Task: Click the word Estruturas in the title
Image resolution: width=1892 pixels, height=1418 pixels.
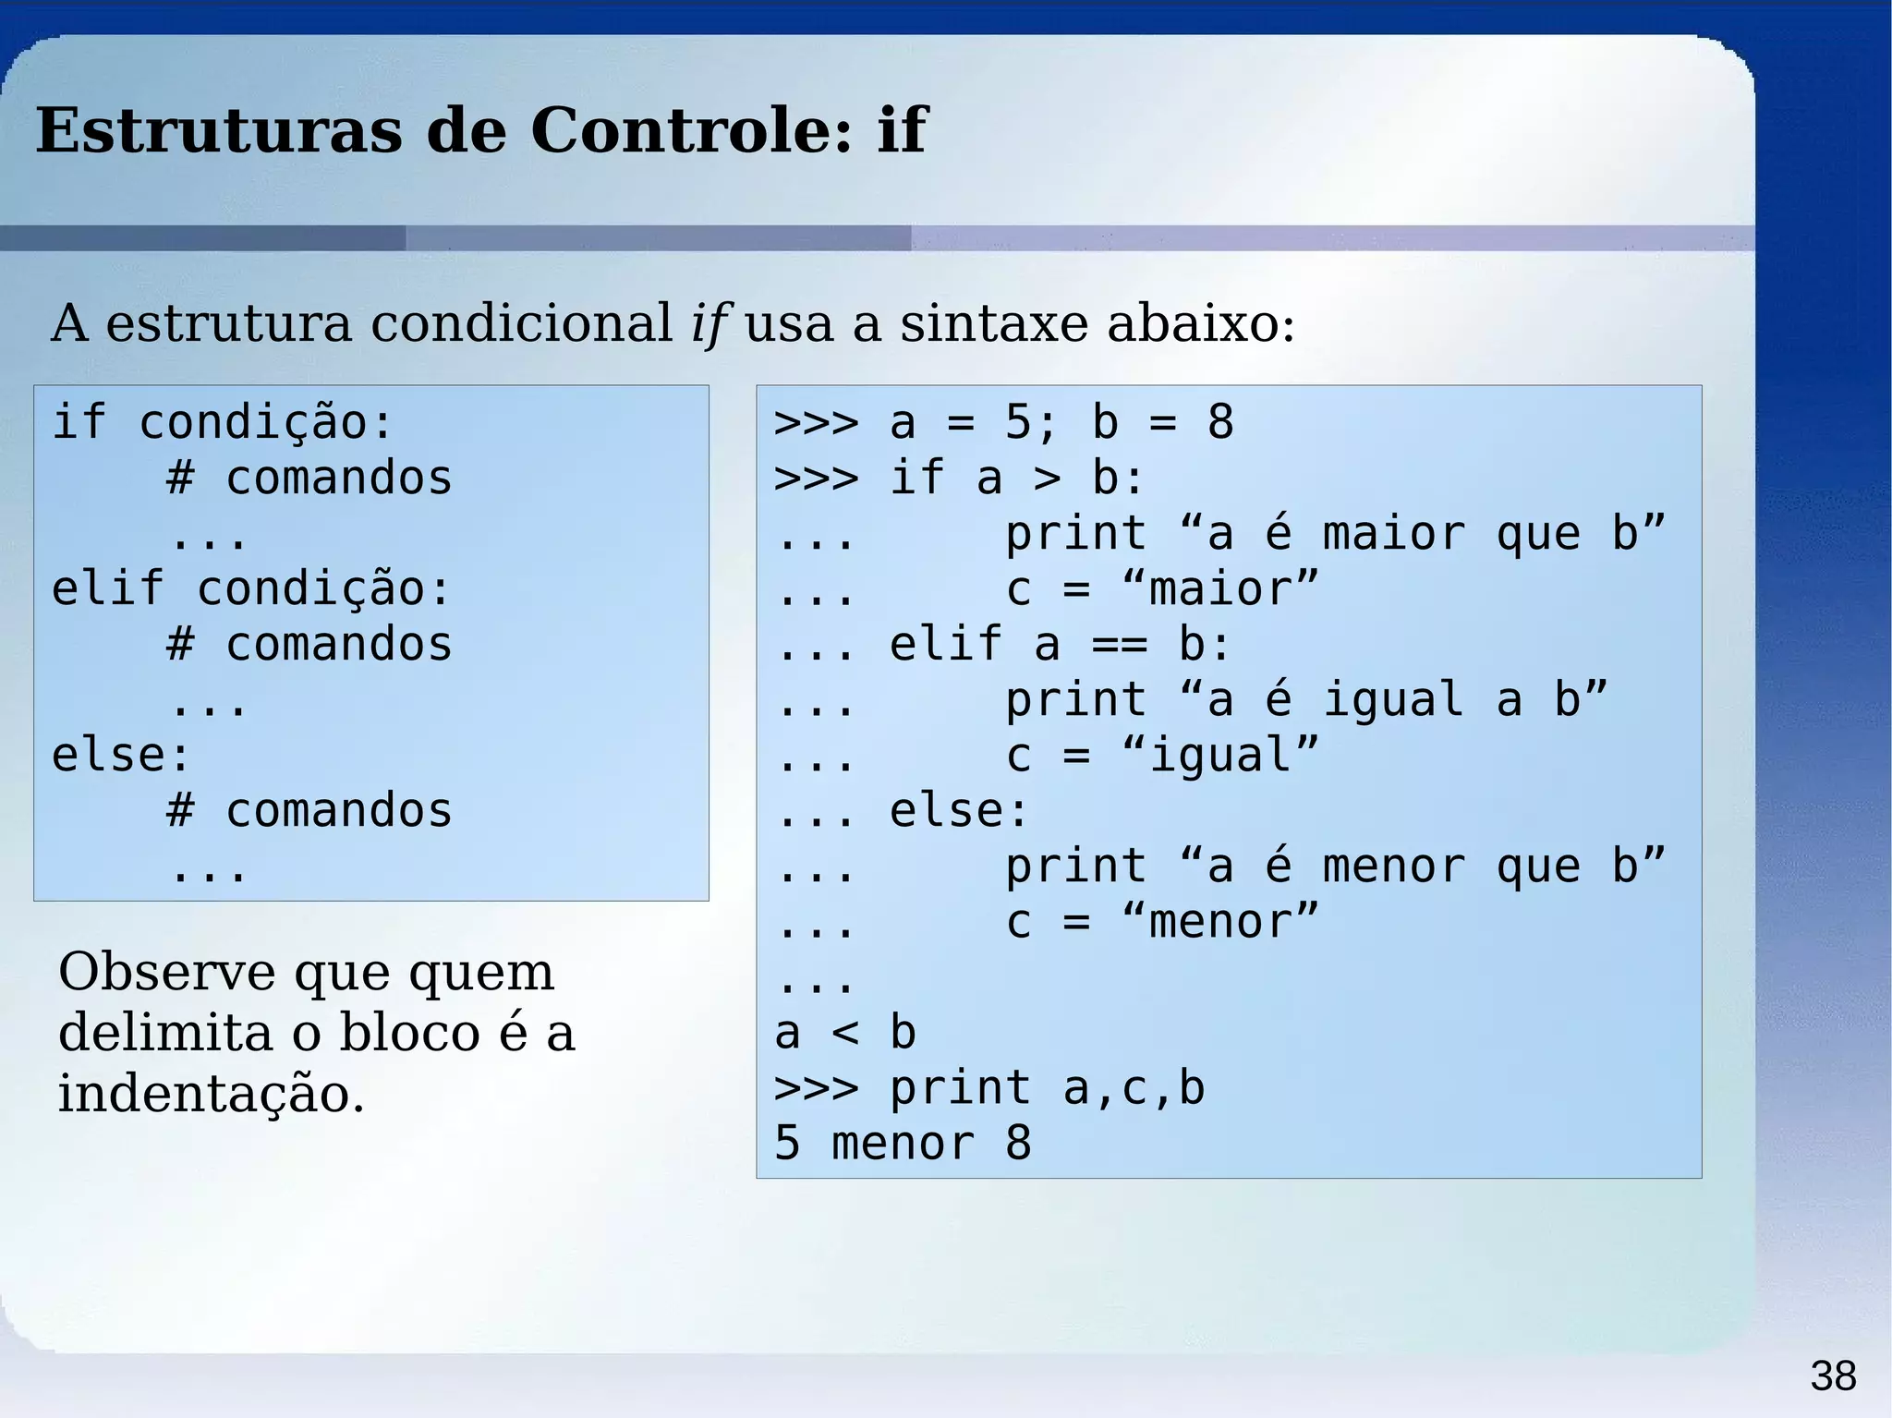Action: coord(219,130)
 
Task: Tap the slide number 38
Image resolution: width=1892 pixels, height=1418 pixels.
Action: coord(1833,1376)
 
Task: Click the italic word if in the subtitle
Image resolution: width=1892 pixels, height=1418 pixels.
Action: coord(709,324)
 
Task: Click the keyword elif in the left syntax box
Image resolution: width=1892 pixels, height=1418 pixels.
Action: coord(107,588)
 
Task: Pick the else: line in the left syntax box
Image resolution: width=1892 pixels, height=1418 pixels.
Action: coord(121,755)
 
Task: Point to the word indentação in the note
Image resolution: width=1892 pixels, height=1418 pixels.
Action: coord(211,1095)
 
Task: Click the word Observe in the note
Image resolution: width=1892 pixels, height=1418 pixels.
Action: coord(166,972)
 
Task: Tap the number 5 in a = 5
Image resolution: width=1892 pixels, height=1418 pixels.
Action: coord(1018,423)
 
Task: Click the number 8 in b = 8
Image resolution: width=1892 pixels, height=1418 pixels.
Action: coord(1220,423)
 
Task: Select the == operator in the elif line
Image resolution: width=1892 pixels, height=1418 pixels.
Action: coord(1119,645)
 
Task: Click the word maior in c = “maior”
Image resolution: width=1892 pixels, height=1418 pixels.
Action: coord(1220,589)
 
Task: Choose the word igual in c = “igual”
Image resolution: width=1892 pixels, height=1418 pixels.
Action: coord(1220,756)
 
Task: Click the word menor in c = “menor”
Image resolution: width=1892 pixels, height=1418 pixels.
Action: coord(1220,922)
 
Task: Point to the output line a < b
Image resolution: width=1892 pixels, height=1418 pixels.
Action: coord(845,1033)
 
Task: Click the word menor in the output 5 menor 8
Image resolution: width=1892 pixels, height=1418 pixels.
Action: coord(903,1144)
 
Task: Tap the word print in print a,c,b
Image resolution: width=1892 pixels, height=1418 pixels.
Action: coord(960,1088)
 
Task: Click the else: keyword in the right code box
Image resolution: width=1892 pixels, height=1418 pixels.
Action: coord(958,811)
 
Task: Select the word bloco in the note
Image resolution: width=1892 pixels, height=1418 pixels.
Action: coord(410,1033)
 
